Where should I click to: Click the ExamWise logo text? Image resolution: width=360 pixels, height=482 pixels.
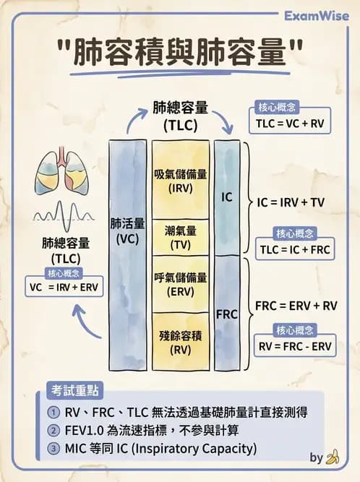click(317, 15)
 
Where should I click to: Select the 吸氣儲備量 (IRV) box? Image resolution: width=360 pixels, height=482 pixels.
click(181, 181)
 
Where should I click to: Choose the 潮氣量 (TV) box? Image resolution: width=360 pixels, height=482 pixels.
click(181, 238)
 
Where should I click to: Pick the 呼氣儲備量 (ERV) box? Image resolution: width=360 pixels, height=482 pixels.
click(181, 284)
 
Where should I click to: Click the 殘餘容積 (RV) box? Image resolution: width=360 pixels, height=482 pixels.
click(181, 341)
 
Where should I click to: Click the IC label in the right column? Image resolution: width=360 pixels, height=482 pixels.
click(227, 196)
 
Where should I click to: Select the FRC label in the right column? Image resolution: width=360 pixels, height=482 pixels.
click(227, 316)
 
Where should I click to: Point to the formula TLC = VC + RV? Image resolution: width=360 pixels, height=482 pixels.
click(289, 124)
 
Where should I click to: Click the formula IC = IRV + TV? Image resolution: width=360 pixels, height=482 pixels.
click(291, 203)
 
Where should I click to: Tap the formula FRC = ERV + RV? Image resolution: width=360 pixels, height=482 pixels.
click(296, 306)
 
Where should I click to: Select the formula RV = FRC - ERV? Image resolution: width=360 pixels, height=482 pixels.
click(295, 345)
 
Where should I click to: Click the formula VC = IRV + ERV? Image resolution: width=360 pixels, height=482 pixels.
click(64, 286)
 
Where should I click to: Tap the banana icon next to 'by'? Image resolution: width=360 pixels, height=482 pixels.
click(333, 457)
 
